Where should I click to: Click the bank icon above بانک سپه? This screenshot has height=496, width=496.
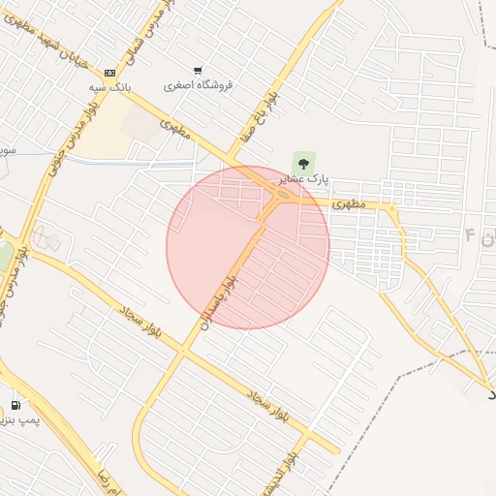(109, 73)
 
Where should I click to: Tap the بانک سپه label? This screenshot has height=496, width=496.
(109, 87)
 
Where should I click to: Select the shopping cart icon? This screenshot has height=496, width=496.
(198, 71)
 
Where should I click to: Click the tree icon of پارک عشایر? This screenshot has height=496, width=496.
(304, 162)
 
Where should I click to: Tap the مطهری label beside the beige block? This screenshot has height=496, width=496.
(172, 126)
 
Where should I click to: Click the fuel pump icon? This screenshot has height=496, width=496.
(15, 405)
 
